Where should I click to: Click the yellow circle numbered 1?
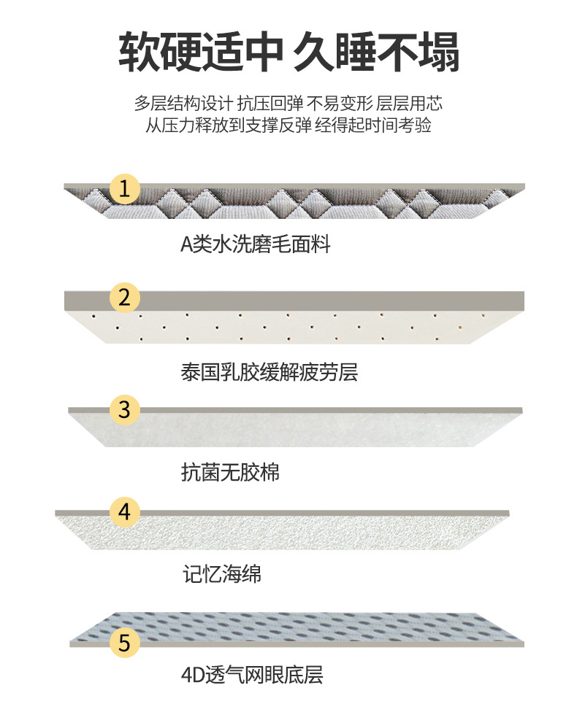(x=125, y=190)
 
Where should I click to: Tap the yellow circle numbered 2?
(x=125, y=298)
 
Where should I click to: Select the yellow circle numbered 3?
(x=125, y=410)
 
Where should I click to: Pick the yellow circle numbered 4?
(x=125, y=511)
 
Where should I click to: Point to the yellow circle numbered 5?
(x=125, y=643)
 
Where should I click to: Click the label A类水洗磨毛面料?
(x=256, y=244)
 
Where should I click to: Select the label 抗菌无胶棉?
(x=230, y=473)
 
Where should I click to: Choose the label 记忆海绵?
(x=221, y=574)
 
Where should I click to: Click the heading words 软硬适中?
(x=199, y=51)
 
